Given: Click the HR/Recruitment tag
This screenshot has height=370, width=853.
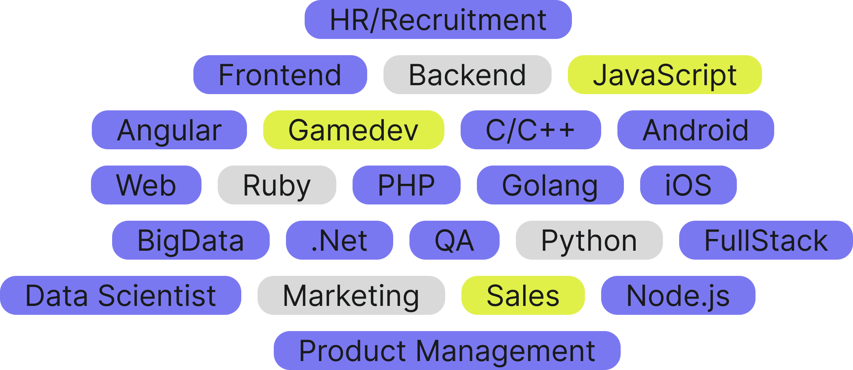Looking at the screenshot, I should [x=438, y=19].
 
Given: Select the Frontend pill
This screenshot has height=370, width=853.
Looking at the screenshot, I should [x=280, y=75].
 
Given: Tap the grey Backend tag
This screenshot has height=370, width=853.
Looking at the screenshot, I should [x=467, y=75].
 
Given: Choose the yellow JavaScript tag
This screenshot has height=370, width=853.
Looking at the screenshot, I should [x=665, y=75].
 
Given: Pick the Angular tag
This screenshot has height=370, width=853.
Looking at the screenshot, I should [x=169, y=130].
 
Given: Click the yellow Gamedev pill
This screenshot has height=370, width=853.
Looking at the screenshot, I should [x=353, y=130].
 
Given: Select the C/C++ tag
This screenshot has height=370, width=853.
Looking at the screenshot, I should [x=530, y=130].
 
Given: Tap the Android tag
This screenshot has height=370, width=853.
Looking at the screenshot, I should [x=695, y=130].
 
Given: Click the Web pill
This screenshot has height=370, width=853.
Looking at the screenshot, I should [x=146, y=185].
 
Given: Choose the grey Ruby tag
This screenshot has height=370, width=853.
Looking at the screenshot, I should [x=277, y=185].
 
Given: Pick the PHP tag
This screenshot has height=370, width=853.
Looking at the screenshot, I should [x=406, y=185].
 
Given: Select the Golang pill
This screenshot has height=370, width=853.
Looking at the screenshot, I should [x=550, y=185].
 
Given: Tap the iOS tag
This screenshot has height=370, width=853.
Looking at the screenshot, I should [x=688, y=185].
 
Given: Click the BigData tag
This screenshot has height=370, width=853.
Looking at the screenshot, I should [x=191, y=240].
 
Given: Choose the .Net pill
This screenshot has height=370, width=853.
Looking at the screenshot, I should [x=339, y=240].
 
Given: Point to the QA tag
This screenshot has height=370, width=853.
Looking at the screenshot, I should [x=454, y=240].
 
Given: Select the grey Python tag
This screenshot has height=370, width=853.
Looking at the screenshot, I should [x=589, y=240].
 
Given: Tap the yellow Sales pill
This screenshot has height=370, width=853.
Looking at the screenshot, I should [x=523, y=295].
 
